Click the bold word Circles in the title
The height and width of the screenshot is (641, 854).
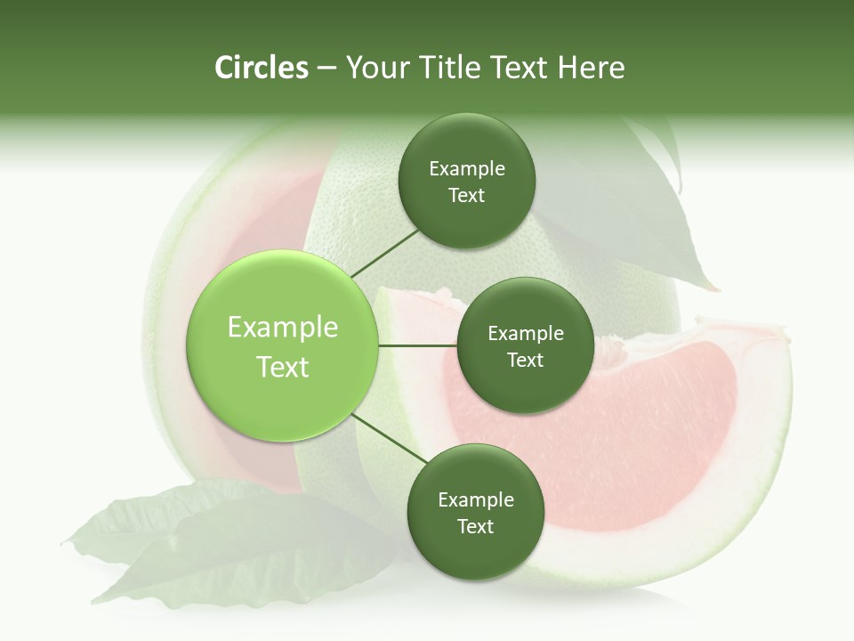point(261,68)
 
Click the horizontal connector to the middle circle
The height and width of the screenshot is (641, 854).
point(417,345)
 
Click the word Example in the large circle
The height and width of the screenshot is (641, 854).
point(283,328)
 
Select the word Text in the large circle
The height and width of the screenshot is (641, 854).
point(283,367)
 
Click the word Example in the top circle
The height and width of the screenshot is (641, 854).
point(467,169)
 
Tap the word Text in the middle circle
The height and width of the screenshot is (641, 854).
point(525,361)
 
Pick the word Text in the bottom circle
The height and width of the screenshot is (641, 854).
point(475,527)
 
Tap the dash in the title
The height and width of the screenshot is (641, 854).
point(326,68)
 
